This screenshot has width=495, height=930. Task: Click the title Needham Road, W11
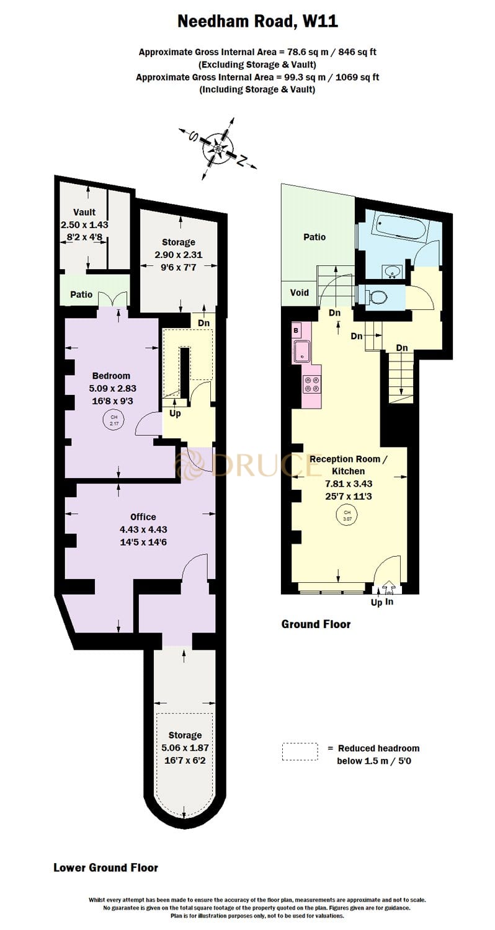click(x=257, y=22)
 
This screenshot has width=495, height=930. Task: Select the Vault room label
click(x=84, y=213)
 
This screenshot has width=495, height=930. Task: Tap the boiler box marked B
click(x=296, y=330)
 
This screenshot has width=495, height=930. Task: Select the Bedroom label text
click(x=111, y=376)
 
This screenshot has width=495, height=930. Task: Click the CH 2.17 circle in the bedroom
click(x=114, y=420)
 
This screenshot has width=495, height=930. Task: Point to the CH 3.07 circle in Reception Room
click(x=347, y=515)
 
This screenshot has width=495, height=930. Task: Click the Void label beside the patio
click(x=300, y=293)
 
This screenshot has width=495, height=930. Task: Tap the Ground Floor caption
click(x=316, y=624)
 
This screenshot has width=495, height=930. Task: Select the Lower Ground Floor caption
click(x=105, y=868)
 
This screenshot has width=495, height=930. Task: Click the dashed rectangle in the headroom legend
click(x=300, y=752)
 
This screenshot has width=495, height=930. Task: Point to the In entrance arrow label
click(x=389, y=602)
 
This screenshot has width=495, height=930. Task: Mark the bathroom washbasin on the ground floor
click(x=391, y=271)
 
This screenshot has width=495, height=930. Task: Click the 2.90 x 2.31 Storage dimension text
click(x=178, y=254)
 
